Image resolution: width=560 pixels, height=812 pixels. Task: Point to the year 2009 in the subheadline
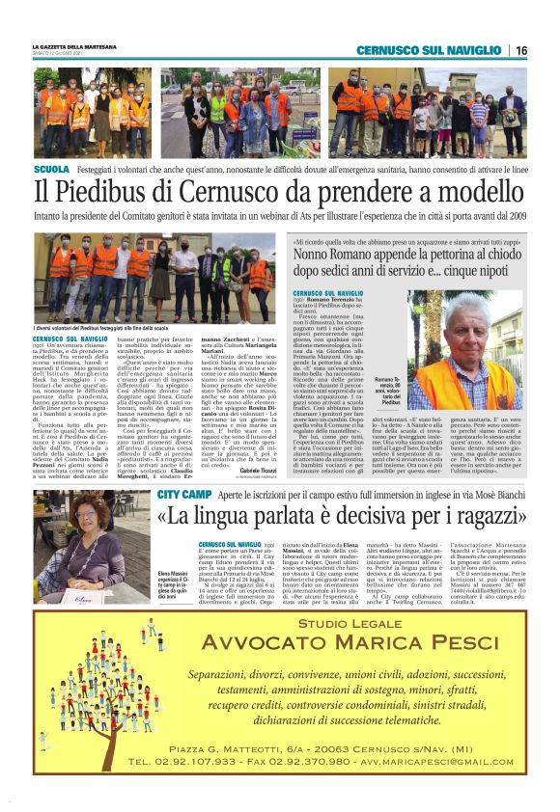514,217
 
